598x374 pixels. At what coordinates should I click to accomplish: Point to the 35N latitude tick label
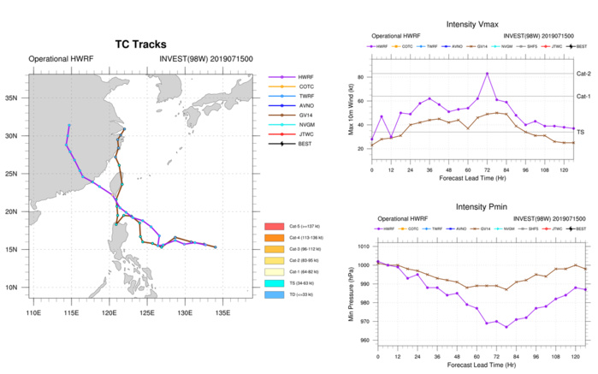pos(15,98)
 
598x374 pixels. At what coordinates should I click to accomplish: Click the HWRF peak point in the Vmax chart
pos(488,74)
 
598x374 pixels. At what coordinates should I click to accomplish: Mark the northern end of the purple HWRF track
pos(69,126)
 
